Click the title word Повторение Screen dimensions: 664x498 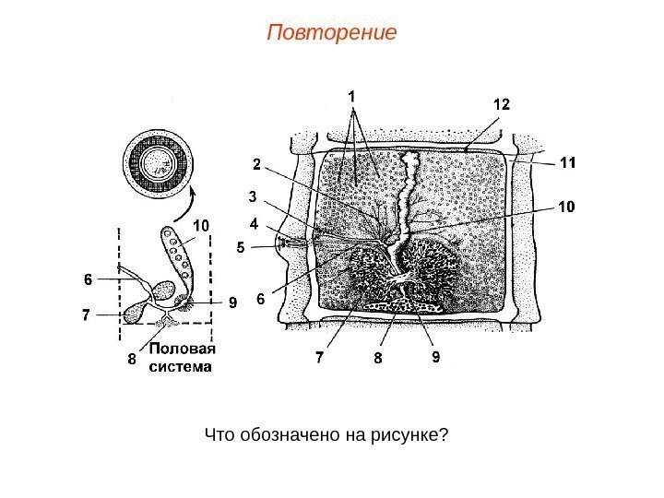(x=331, y=34)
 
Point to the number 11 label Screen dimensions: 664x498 (x=567, y=162)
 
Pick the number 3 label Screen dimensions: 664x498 (x=253, y=196)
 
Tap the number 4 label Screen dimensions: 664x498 (x=254, y=222)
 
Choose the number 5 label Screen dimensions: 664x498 (x=241, y=247)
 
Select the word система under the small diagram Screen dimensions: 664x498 (x=181, y=366)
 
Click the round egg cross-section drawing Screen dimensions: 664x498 (x=159, y=164)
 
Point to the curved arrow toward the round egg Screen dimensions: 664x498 (x=191, y=197)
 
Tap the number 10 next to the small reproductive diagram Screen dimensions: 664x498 (x=201, y=224)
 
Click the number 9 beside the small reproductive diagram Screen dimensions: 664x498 (x=232, y=301)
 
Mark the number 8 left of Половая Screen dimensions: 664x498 (x=133, y=360)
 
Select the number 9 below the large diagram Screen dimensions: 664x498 (x=436, y=355)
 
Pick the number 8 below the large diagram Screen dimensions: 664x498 (x=377, y=357)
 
